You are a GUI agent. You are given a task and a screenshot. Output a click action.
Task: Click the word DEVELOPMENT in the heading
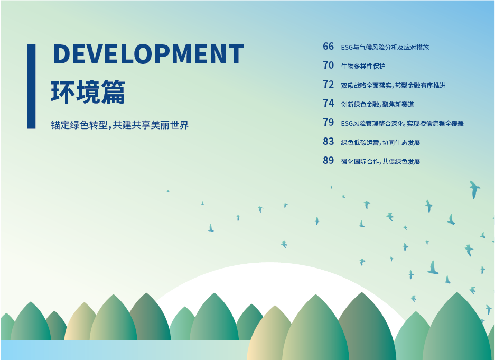click(148, 54)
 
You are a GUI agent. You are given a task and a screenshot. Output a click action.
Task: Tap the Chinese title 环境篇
click(88, 92)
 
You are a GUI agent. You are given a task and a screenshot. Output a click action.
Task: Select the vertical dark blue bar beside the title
click(31, 86)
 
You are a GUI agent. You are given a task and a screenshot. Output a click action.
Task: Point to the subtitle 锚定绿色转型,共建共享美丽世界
click(119, 125)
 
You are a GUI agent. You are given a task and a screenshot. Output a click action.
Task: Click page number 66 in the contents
click(328, 47)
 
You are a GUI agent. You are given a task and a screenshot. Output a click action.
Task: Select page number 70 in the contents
click(328, 66)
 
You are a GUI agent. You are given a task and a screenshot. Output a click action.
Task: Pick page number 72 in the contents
click(328, 84)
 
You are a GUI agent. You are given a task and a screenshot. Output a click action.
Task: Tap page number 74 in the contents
click(328, 103)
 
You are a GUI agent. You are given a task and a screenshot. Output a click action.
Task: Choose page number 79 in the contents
click(328, 122)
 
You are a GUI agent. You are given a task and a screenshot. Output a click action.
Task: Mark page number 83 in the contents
click(328, 141)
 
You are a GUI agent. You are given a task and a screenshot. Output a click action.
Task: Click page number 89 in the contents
click(328, 160)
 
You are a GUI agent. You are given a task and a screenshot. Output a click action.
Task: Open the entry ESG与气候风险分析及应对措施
click(385, 48)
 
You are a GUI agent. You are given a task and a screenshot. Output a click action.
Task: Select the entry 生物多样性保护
click(363, 66)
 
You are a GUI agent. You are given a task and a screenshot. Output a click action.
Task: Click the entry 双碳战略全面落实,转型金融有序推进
click(393, 85)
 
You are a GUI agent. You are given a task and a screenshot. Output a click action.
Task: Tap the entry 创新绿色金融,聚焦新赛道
click(377, 104)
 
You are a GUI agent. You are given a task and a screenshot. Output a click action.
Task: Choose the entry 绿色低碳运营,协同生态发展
click(380, 142)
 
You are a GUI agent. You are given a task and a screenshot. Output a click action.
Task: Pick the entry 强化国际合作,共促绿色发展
click(380, 161)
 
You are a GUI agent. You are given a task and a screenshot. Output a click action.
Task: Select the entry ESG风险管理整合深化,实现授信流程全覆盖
click(402, 124)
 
